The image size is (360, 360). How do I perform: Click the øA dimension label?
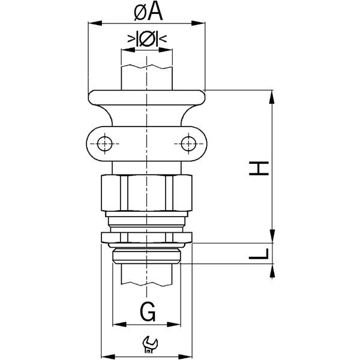[149, 13]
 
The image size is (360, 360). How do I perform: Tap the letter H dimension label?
[259, 168]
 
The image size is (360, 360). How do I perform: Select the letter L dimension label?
[259, 254]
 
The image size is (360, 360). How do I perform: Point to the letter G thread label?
[148, 311]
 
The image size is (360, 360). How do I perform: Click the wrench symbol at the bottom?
[150, 344]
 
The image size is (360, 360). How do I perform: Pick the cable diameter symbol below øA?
[147, 38]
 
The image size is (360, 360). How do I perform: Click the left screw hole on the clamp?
[104, 144]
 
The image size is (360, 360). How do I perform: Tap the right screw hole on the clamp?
[188, 144]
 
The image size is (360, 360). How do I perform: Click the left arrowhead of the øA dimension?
[95, 23]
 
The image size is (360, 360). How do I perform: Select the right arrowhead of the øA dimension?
[198, 23]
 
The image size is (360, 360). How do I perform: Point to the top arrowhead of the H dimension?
[272, 97]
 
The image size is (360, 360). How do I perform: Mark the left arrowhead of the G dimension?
[119, 325]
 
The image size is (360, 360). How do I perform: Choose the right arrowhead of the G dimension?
[174, 325]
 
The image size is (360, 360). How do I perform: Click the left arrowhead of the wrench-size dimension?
[108, 357]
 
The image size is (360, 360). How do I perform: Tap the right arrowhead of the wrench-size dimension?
[185, 357]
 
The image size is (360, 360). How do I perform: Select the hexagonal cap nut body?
[147, 193]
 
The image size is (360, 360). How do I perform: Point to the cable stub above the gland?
[147, 77]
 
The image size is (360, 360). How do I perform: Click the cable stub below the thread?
[147, 275]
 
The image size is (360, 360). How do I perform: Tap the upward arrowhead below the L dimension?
[272, 271]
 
